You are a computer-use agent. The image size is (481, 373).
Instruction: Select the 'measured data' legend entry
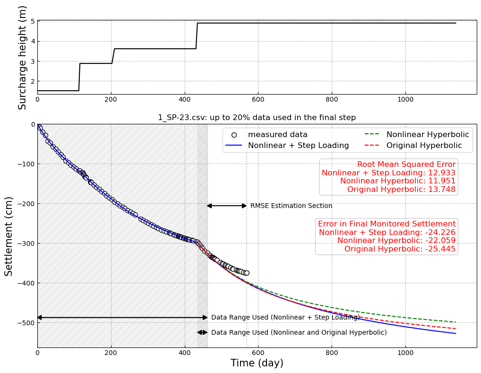[x=278, y=135]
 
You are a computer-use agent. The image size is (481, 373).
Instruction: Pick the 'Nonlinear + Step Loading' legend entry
[x=298, y=146]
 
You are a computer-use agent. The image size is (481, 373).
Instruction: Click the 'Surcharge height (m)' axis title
[x=23, y=57]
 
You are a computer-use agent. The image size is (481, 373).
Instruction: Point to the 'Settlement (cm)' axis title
[x=9, y=236]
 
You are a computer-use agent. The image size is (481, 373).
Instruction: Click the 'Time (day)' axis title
[x=257, y=363]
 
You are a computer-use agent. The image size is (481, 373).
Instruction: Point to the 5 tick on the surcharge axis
[x=33, y=21]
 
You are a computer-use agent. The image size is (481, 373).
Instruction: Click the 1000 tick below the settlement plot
[x=405, y=352]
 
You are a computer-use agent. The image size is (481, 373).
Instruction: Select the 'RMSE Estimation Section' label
[x=291, y=206]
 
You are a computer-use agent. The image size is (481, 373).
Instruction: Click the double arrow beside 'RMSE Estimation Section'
[x=227, y=206]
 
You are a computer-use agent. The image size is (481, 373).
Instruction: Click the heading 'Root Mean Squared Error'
[x=406, y=165]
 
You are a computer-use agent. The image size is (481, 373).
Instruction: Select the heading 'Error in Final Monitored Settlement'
[x=387, y=224]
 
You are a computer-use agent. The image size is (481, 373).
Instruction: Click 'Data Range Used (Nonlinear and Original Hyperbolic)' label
[x=299, y=333]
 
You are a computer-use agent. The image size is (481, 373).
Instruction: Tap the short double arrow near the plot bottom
[x=202, y=332]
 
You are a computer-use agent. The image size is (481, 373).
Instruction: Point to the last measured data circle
[x=246, y=273]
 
